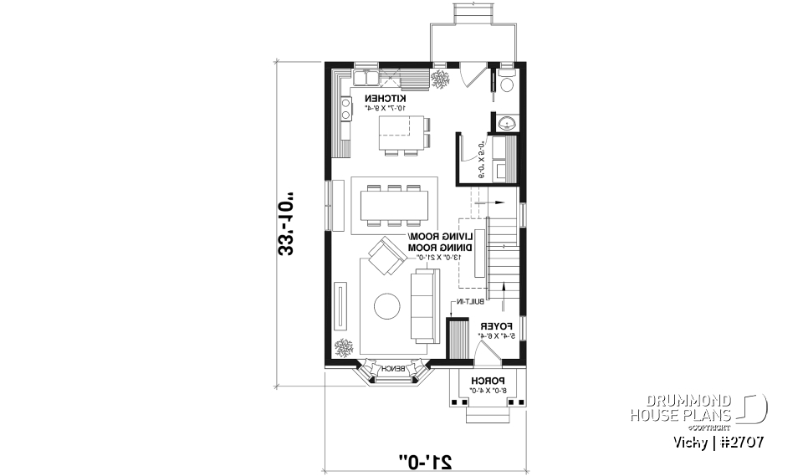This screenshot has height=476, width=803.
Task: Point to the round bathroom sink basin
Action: pyautogui.click(x=505, y=124)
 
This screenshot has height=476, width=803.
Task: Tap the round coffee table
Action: pyautogui.click(x=387, y=306)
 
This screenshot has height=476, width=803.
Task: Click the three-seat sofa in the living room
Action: pyautogui.click(x=422, y=308)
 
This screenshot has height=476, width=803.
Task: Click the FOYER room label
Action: pyautogui.click(x=493, y=326)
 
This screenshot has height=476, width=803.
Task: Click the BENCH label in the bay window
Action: pyautogui.click(x=392, y=369)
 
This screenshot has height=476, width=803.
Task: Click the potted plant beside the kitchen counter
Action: pyautogui.click(x=441, y=79)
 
